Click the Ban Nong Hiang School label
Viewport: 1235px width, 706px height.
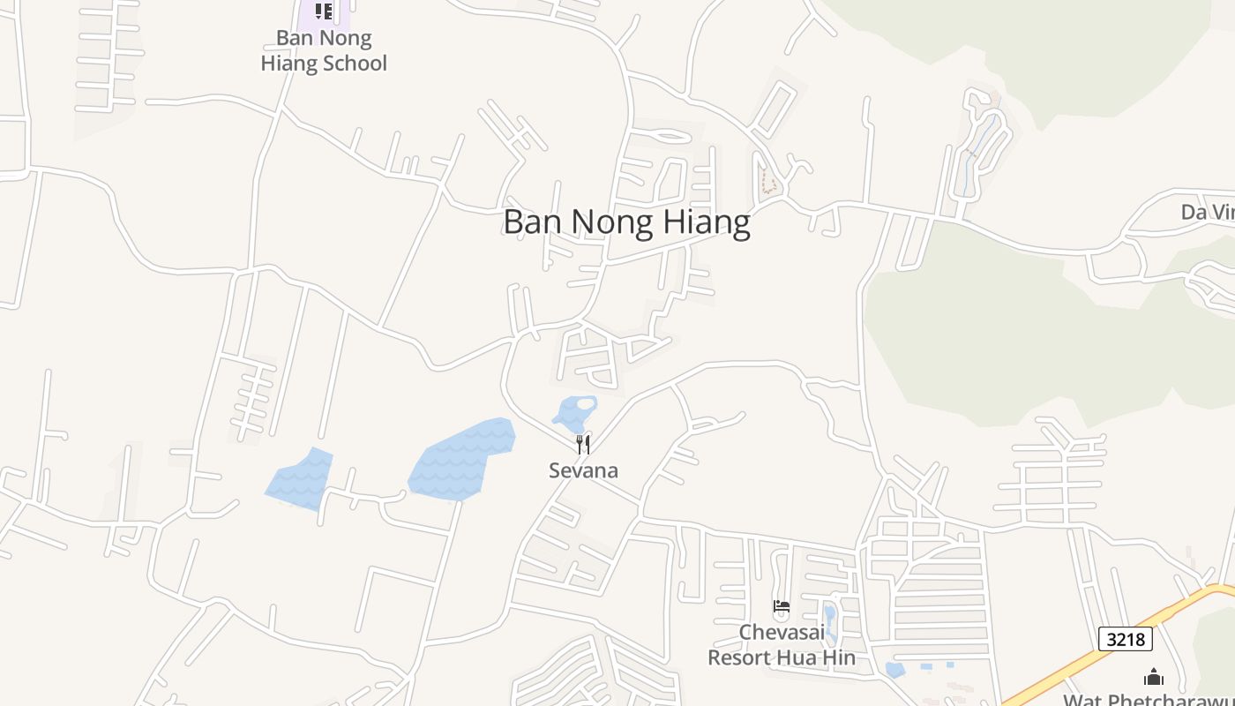pyautogui.click(x=324, y=50)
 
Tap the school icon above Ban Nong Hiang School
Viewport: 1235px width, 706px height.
pyautogui.click(x=324, y=11)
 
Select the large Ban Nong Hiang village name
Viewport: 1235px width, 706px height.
pyautogui.click(x=626, y=222)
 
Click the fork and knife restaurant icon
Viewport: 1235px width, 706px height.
pyautogui.click(x=582, y=444)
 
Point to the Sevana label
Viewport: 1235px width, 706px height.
pyautogui.click(x=583, y=470)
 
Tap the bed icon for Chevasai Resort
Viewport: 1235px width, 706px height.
pyautogui.click(x=782, y=606)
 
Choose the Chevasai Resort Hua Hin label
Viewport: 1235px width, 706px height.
pyautogui.click(x=782, y=645)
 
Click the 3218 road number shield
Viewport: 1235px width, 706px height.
pyautogui.click(x=1126, y=639)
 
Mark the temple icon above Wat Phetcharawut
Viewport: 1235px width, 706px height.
pyautogui.click(x=1153, y=677)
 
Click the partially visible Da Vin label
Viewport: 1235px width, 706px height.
pyautogui.click(x=1207, y=212)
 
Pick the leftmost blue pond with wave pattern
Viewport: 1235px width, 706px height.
pyautogui.click(x=300, y=479)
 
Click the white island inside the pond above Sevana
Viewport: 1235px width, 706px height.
pyautogui.click(x=585, y=403)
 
